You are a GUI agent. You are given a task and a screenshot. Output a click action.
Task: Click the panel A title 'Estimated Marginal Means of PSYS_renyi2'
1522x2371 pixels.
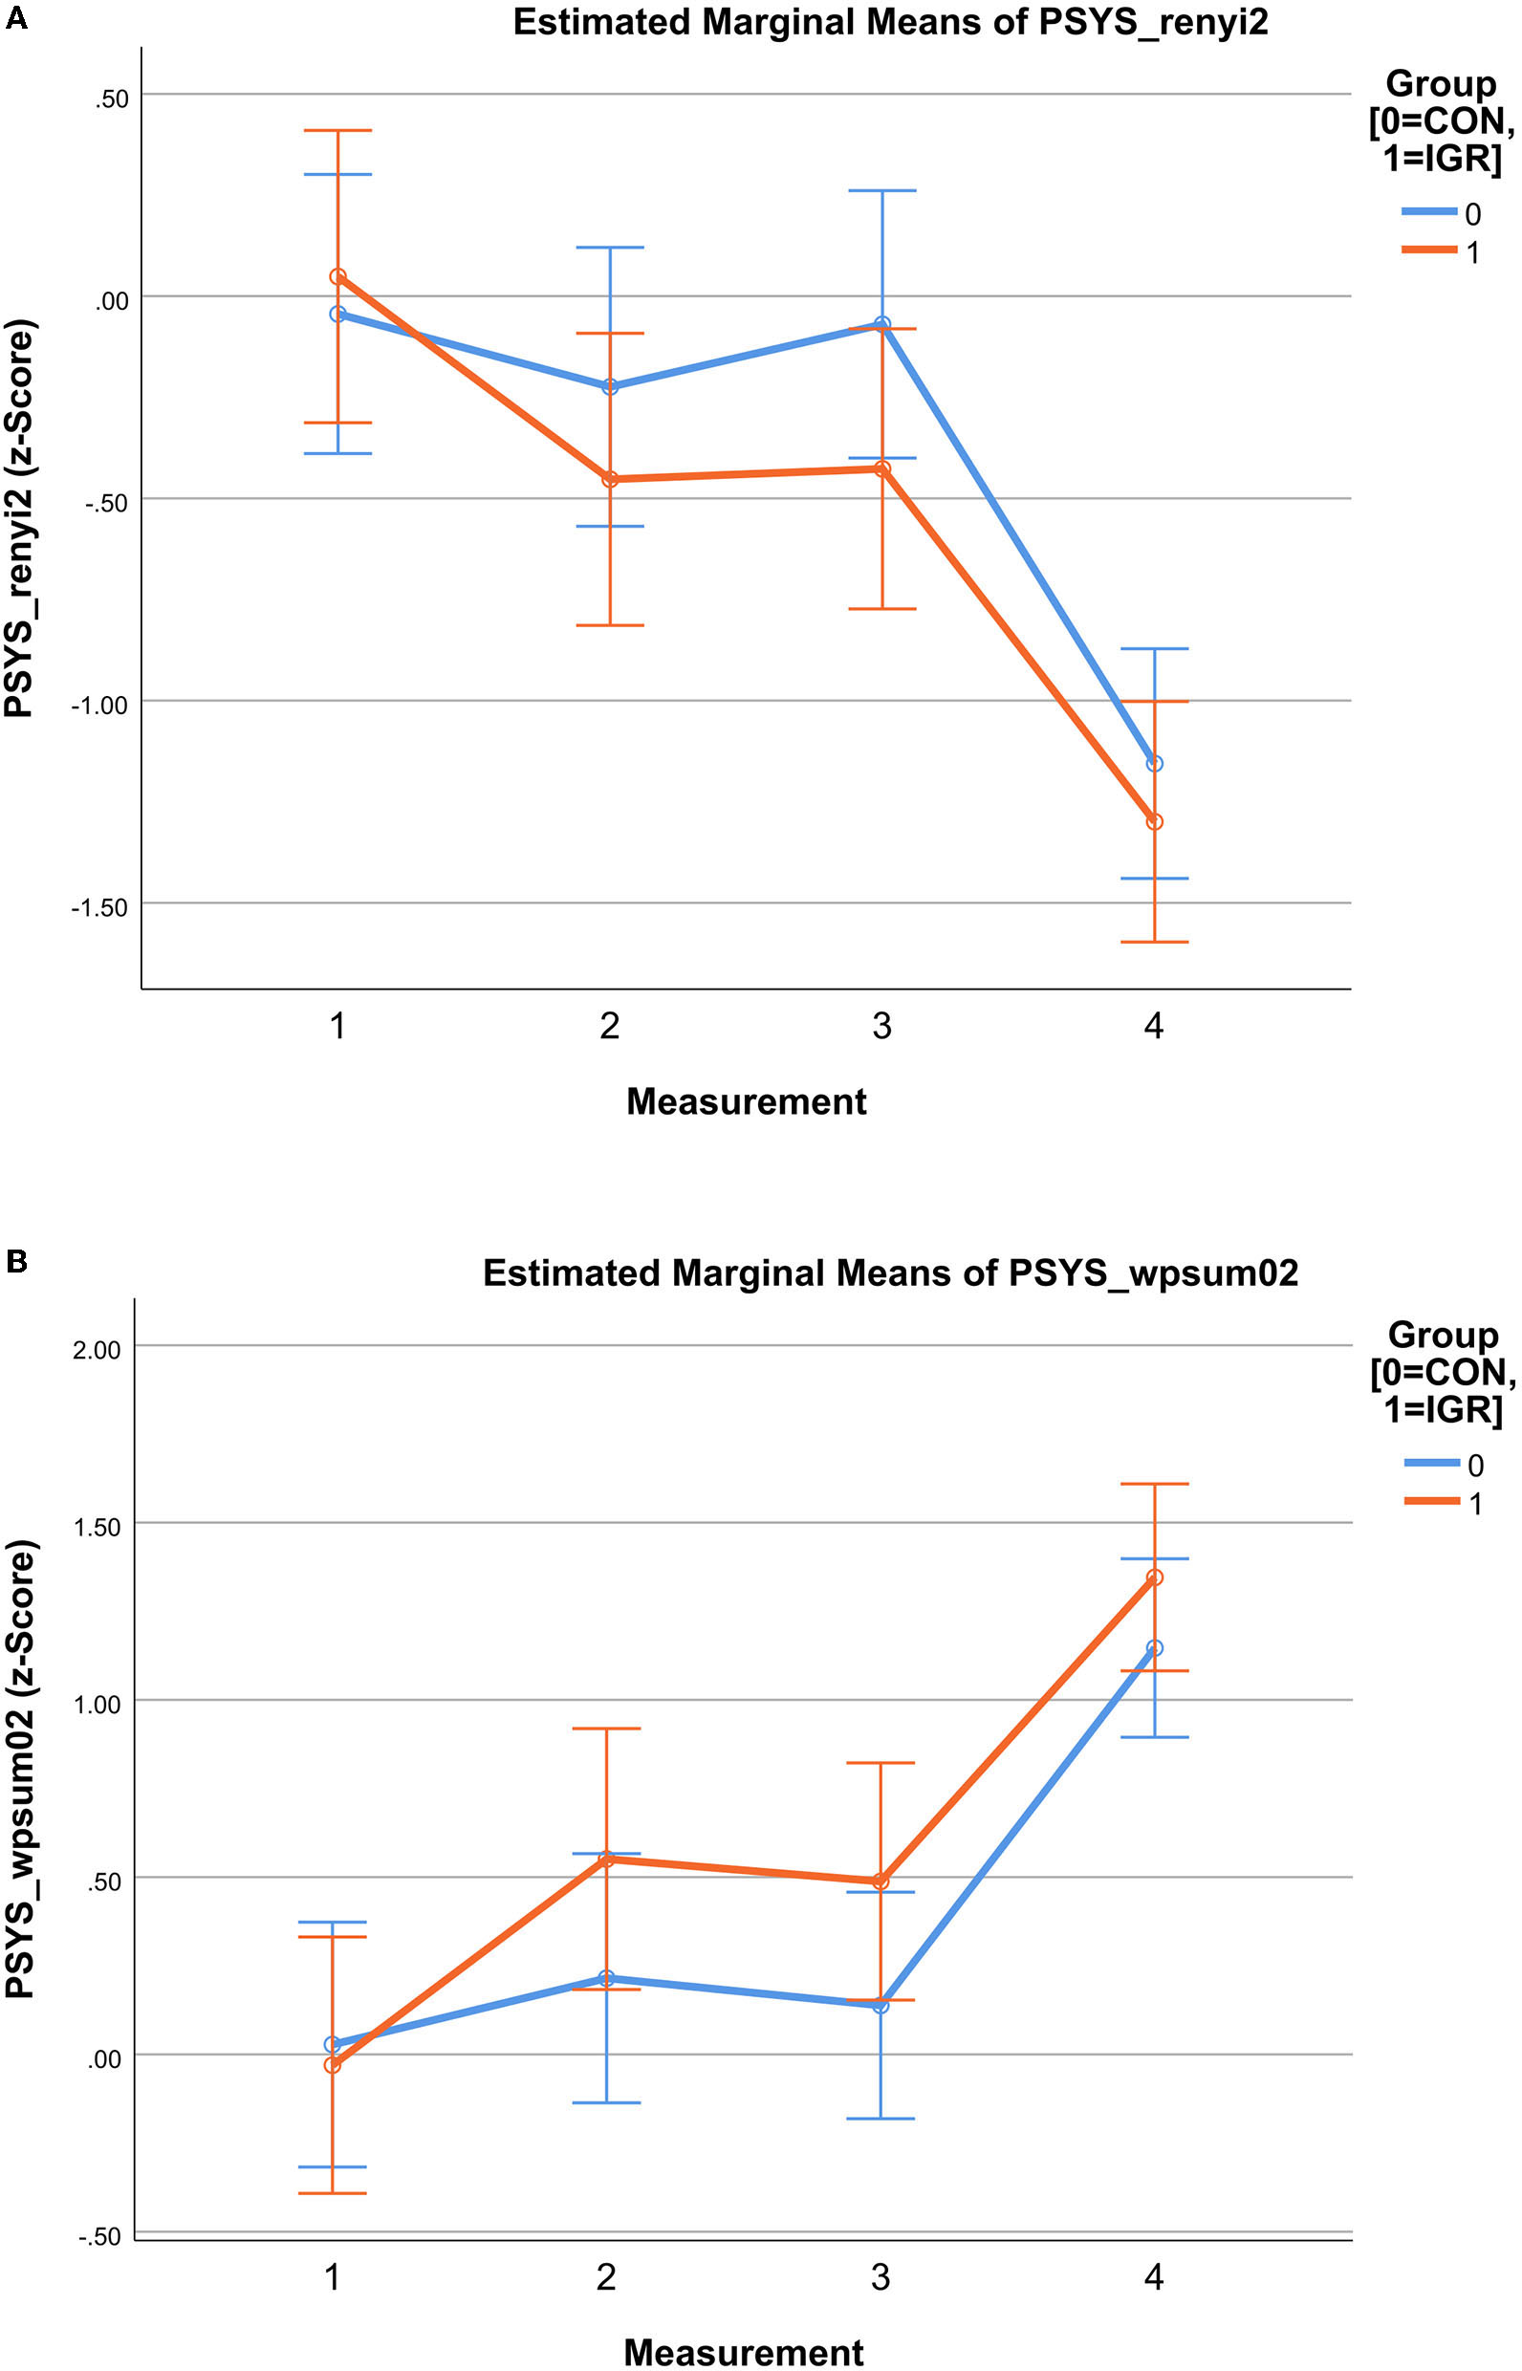889,22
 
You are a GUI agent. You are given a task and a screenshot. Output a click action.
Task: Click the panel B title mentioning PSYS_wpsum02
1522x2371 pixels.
889,1272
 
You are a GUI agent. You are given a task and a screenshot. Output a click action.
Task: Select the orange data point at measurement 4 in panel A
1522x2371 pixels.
1154,821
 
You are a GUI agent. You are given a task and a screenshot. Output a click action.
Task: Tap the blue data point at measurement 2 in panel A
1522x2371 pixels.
610,386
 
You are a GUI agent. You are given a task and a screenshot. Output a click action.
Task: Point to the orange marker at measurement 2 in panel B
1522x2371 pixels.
607,1860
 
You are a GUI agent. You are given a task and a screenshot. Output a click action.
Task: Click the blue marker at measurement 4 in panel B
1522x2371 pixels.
1154,1647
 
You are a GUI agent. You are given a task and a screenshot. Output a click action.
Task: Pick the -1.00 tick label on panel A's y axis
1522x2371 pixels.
98,705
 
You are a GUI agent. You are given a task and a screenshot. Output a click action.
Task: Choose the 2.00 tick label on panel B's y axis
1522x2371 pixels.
96,1350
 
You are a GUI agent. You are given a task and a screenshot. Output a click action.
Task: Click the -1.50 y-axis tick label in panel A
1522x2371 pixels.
98,907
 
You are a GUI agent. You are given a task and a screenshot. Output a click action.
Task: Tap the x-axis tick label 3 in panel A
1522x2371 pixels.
881,1027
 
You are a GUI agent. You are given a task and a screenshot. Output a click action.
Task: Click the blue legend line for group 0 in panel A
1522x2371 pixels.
1429,211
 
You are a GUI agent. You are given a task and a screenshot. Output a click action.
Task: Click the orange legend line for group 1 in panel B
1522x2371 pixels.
1431,1501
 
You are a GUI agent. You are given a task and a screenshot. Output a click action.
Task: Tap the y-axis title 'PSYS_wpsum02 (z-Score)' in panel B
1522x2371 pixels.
20,1754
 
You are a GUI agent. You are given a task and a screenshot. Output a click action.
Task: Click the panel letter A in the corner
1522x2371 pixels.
16,18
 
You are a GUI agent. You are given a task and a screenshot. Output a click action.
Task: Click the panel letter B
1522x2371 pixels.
16,1262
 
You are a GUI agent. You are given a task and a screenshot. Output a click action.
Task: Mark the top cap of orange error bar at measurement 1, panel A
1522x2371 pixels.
338,130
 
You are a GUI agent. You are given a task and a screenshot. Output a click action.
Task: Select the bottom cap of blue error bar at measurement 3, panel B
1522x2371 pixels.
881,2119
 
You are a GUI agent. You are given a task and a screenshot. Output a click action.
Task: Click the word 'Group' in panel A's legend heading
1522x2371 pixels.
1440,84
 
